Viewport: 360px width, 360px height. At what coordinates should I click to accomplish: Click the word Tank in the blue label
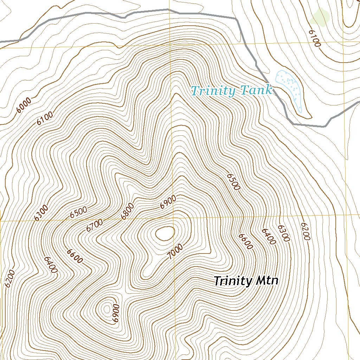[256, 91]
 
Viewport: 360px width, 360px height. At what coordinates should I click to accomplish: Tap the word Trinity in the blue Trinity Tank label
[213, 91]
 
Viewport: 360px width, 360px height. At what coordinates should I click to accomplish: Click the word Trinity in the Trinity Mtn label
[233, 281]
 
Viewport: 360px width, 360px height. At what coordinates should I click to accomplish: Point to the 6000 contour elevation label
[24, 105]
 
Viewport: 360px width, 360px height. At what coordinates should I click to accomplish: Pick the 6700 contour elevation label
[94, 225]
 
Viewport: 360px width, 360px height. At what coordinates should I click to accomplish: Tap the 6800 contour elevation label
[127, 211]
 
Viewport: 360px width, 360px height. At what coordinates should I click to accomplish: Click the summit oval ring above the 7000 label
[165, 233]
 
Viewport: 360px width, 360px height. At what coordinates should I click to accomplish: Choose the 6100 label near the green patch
[315, 38]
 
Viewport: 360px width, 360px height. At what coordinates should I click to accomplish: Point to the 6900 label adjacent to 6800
[168, 202]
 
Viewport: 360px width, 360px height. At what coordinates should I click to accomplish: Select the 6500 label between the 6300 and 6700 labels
[78, 213]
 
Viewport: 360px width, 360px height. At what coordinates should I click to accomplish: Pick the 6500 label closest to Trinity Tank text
[233, 181]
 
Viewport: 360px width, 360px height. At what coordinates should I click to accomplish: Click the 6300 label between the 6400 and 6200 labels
[283, 233]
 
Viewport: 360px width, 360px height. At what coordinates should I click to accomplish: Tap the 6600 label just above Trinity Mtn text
[245, 241]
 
